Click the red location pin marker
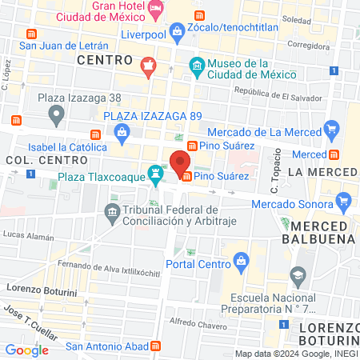coord(176,158)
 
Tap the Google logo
coord(26,350)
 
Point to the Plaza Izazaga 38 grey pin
coord(56,117)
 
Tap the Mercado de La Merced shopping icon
coord(332,129)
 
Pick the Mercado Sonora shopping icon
coord(344,201)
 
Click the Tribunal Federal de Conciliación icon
coord(111,210)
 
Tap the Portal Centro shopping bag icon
coord(240,261)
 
